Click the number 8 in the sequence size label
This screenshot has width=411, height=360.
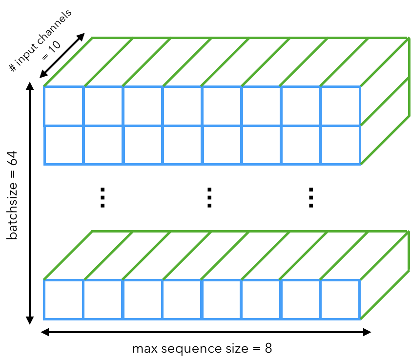click(x=268, y=349)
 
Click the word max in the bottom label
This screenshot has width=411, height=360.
click(x=143, y=349)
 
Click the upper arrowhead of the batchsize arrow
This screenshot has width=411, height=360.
click(x=29, y=86)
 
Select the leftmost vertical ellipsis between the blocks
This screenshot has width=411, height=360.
click(x=103, y=197)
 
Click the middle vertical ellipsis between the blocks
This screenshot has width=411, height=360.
click(x=209, y=197)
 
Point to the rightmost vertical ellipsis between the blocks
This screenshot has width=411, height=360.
click(x=310, y=197)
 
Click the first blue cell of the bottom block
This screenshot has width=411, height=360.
click(x=63, y=299)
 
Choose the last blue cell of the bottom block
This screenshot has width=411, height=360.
click(x=340, y=299)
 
